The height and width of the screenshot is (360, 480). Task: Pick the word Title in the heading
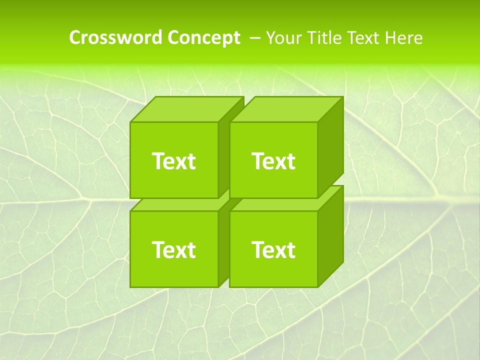click(x=324, y=38)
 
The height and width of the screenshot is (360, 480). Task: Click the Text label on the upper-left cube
click(x=173, y=161)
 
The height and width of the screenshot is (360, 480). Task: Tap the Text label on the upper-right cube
click(x=273, y=161)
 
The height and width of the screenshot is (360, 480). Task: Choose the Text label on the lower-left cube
click(x=173, y=249)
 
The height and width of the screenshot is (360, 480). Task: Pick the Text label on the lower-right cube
click(x=273, y=249)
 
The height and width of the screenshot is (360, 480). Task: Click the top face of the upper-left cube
click(x=186, y=109)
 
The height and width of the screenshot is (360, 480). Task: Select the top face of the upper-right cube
click(x=286, y=109)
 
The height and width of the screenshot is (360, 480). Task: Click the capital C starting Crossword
click(x=75, y=38)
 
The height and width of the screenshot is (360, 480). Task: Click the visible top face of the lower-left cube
click(x=180, y=204)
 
